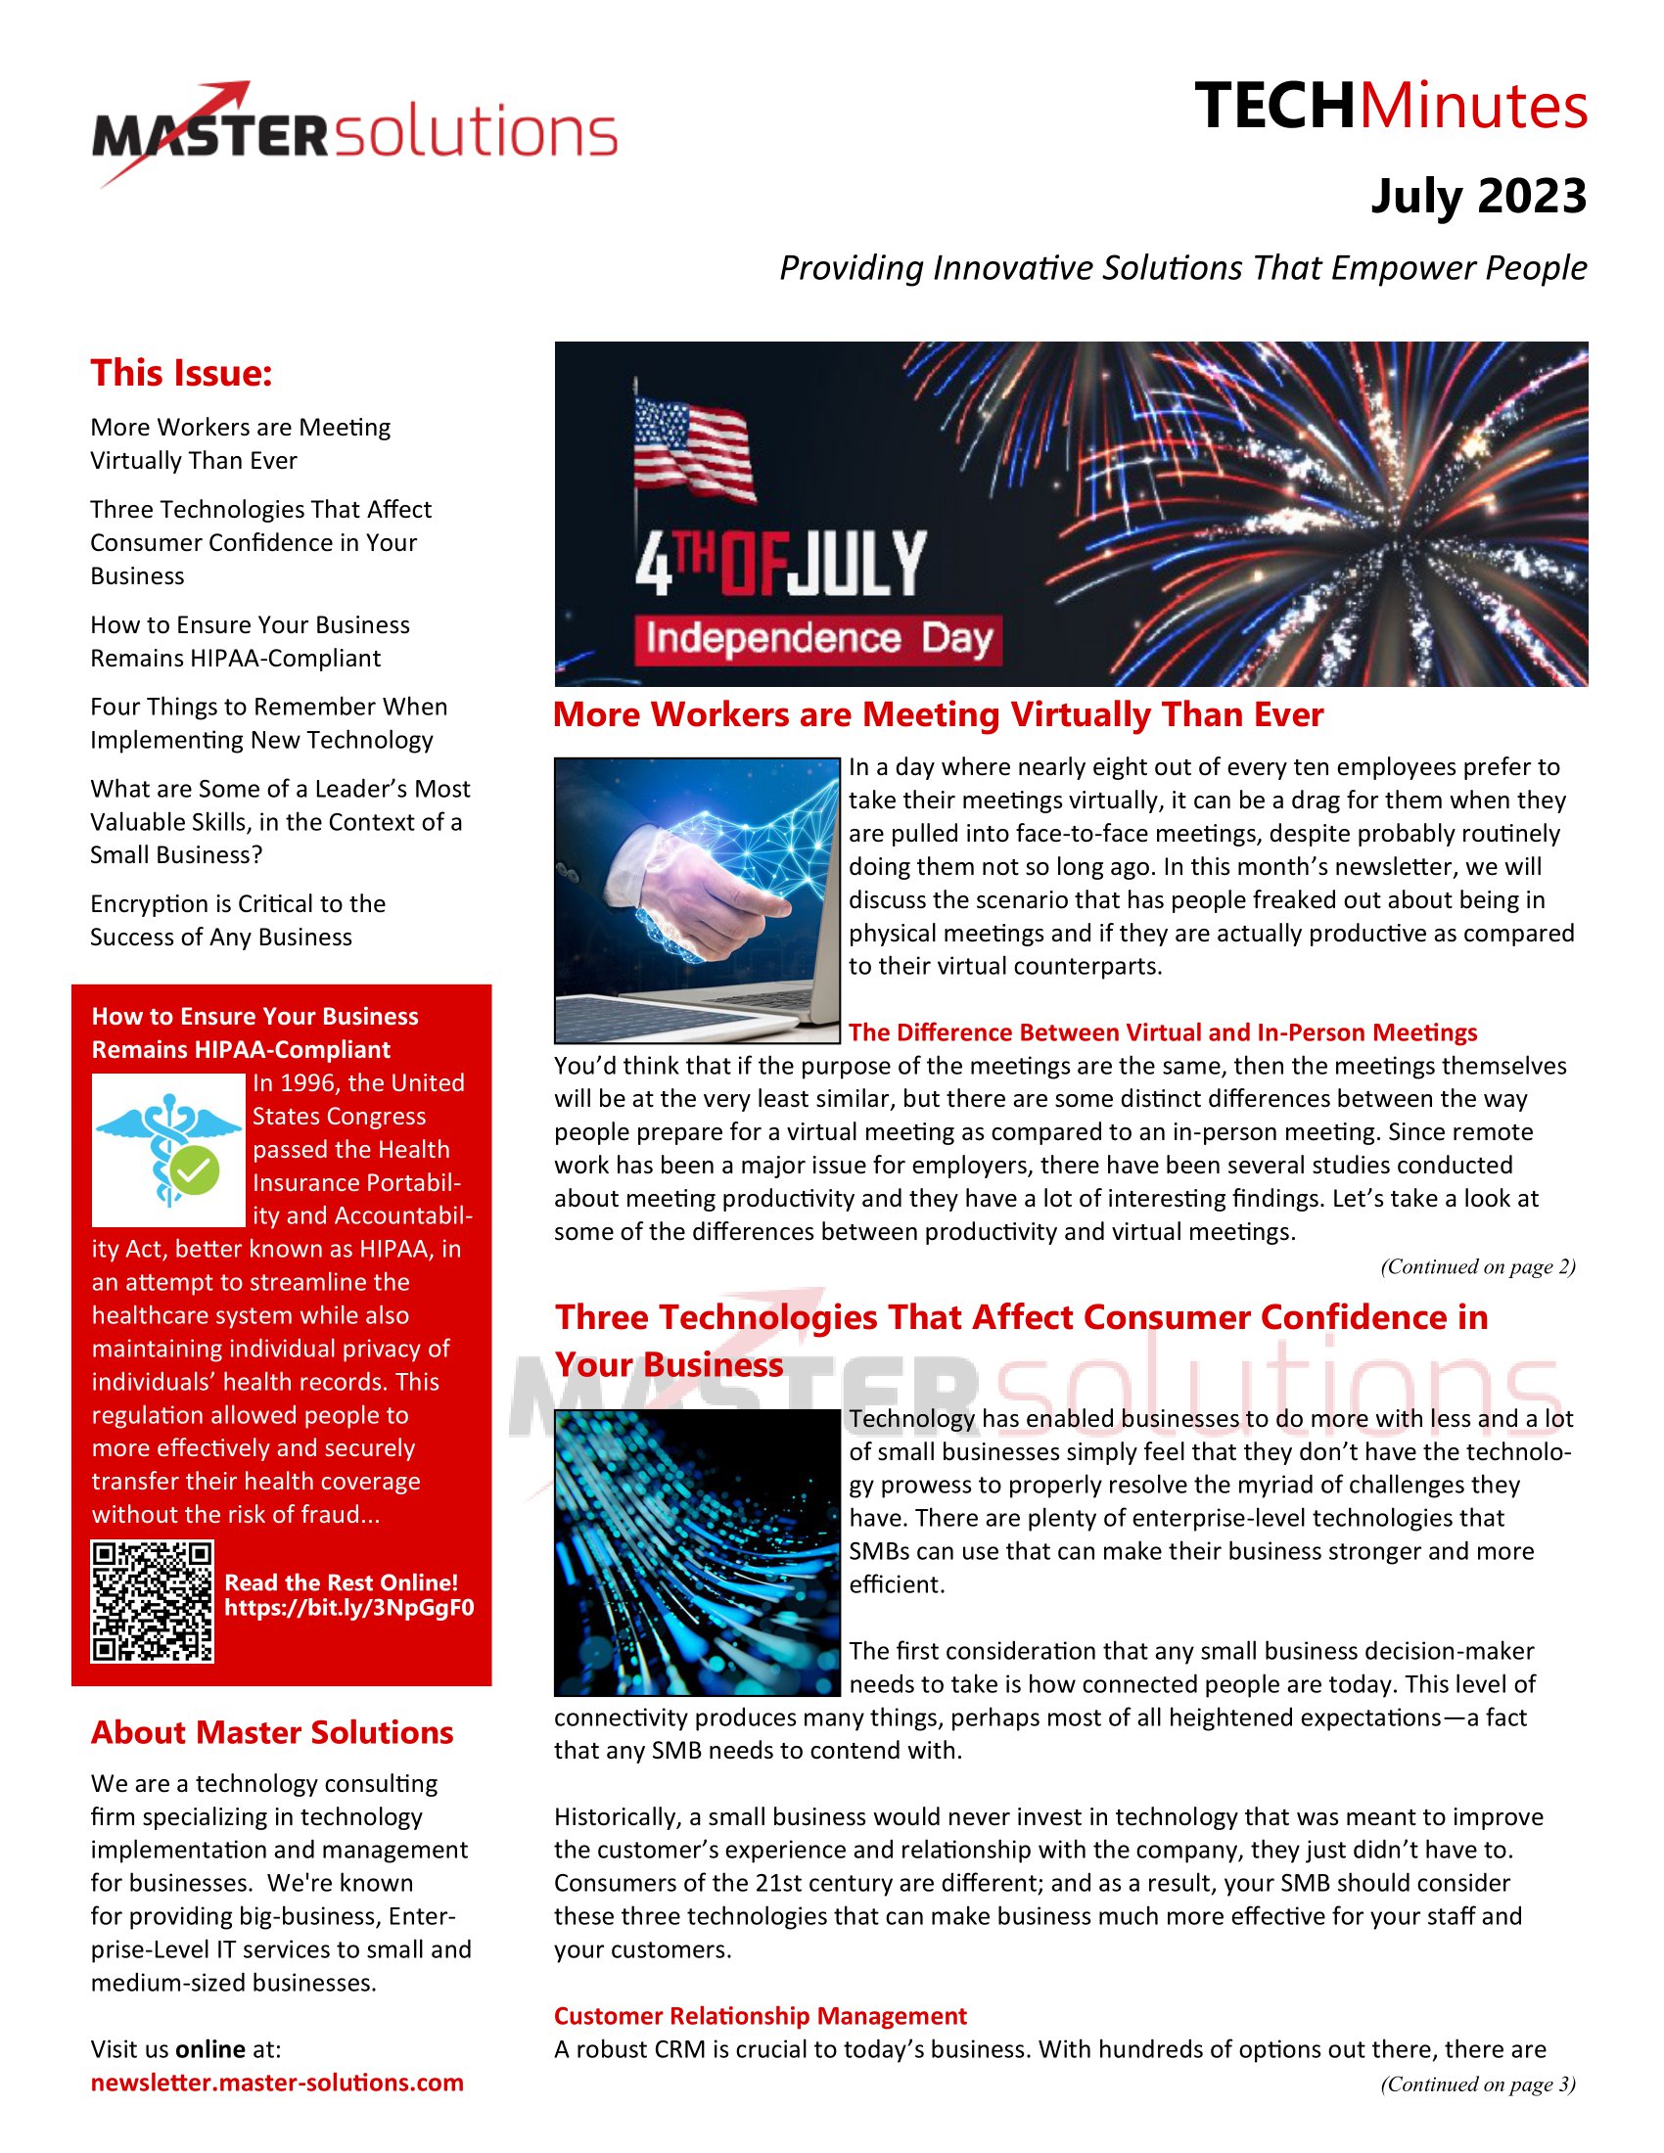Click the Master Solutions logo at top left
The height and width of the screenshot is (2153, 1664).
[355, 133]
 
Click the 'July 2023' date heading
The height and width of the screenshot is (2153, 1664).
[1478, 196]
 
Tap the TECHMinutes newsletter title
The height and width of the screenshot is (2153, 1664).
[1390, 107]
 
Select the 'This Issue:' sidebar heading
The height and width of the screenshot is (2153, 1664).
[181, 373]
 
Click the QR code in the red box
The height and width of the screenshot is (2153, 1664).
[153, 1602]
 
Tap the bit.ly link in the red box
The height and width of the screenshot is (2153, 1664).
[349, 1608]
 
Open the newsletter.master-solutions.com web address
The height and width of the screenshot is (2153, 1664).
[277, 2083]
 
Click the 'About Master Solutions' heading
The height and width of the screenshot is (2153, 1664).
[272, 1733]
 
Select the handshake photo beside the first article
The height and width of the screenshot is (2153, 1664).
[696, 899]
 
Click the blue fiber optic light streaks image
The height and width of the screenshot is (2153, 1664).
[696, 1553]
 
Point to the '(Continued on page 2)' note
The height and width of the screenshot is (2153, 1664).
[1477, 1266]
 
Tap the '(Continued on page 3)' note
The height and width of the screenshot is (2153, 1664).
[1477, 2084]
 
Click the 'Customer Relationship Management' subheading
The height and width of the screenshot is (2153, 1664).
[760, 2016]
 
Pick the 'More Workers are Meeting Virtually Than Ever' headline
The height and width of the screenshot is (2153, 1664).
[938, 714]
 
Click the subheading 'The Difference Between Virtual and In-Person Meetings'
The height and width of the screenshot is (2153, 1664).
[1162, 1032]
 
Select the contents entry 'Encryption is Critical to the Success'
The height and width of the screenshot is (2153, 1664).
[238, 920]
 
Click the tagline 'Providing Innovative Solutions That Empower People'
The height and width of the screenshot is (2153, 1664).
[1183, 268]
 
